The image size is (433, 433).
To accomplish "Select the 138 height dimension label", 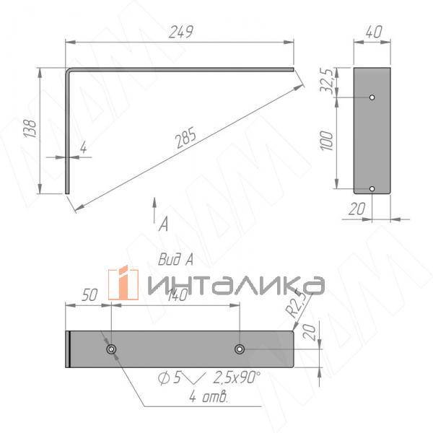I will (30, 129).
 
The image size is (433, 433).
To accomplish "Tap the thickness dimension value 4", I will (83, 148).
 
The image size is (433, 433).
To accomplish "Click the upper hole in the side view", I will (372, 97).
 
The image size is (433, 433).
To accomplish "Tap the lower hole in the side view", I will (372, 188).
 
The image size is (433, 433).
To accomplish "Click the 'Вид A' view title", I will (175, 259).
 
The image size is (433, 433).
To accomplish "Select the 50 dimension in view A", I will (89, 295).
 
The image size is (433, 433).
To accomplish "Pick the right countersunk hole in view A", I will (240, 349).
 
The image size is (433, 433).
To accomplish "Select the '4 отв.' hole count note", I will (209, 397).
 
